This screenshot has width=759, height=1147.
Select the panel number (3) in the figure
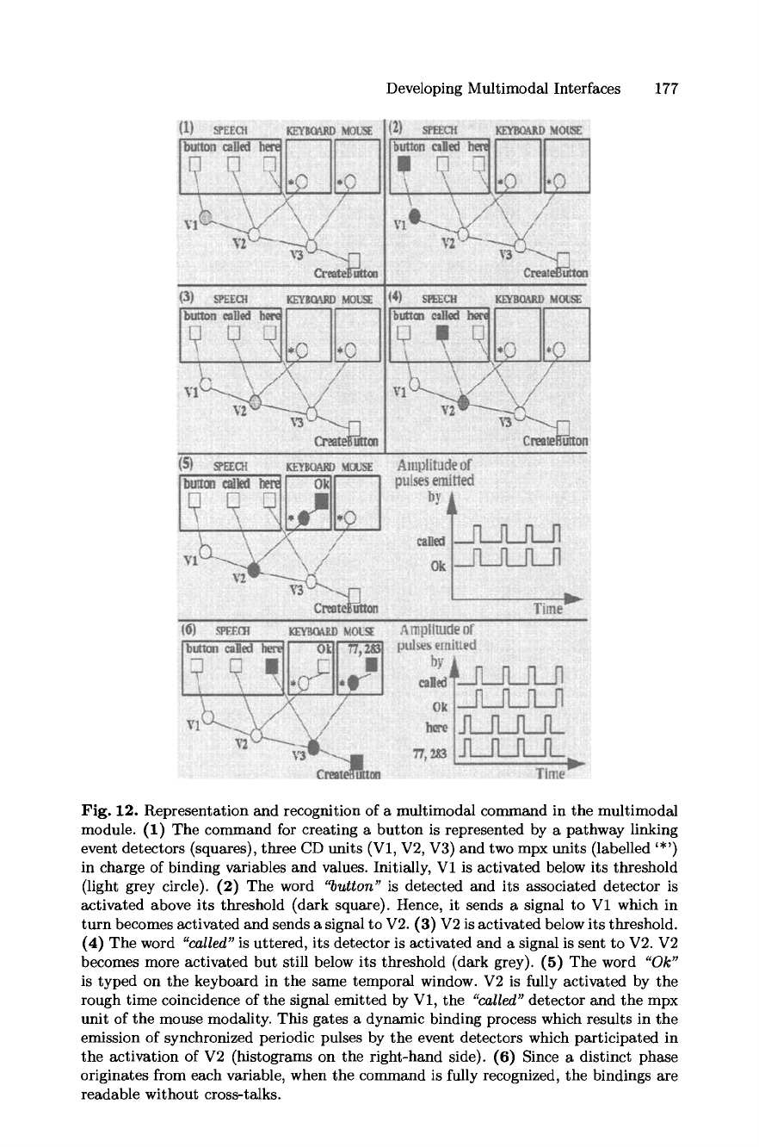185,299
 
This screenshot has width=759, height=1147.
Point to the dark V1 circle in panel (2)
414,216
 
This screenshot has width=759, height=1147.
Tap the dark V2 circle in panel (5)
254,569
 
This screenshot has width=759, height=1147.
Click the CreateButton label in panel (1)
346,273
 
